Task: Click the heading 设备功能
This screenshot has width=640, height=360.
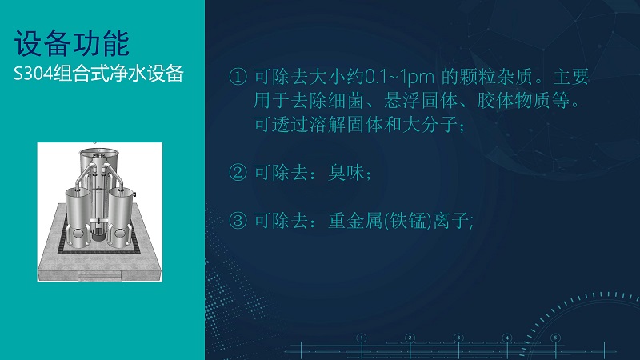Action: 72,43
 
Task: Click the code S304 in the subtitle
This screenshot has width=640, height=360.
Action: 34,74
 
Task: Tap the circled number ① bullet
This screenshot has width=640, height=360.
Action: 238,77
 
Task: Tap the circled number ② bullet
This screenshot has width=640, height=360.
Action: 238,172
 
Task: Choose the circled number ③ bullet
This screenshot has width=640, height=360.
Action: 238,221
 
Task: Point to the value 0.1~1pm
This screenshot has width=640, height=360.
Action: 398,77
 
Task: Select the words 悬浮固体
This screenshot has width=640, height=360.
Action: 421,101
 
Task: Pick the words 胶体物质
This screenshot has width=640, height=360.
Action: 514,101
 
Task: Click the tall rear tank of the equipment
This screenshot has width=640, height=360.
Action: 98,163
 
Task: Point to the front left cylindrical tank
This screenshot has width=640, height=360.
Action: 78,217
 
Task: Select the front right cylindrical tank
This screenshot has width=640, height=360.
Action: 121,217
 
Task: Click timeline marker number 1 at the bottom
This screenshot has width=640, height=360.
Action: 362,338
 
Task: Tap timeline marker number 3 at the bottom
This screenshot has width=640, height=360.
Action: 458,338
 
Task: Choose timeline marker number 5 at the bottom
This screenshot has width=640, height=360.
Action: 555,338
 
